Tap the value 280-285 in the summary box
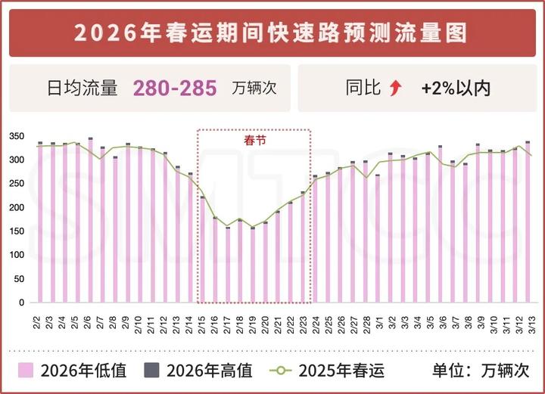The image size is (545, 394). tap(175, 88)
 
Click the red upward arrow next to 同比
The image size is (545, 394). tap(394, 88)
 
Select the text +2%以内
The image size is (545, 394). tap(456, 88)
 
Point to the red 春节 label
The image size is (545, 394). tap(254, 140)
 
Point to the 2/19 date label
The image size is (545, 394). tap(253, 321)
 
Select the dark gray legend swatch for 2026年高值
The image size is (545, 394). tap(152, 371)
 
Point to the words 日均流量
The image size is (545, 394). tap(83, 88)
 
